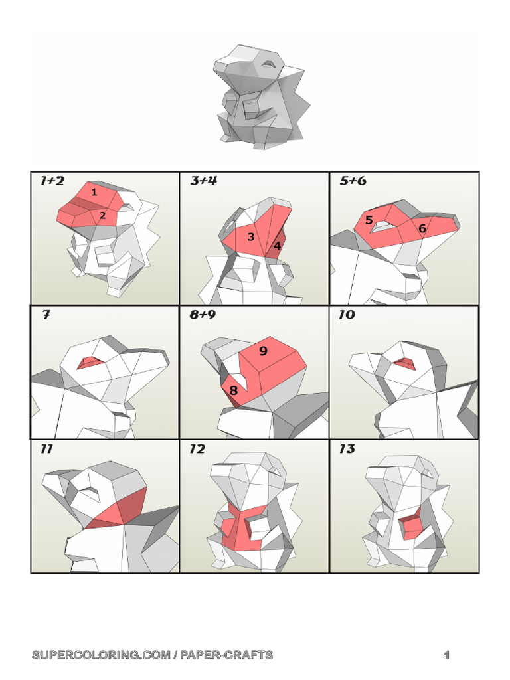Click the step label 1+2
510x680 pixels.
tap(52, 181)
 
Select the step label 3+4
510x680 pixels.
tap(203, 181)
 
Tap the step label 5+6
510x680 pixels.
tap(353, 181)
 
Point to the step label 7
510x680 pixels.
tap(46, 315)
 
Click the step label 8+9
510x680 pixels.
tap(203, 315)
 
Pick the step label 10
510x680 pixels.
tap(347, 315)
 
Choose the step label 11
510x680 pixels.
tap(46, 449)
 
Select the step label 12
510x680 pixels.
tap(197, 449)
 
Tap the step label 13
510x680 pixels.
tap(347, 449)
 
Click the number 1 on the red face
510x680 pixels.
tap(94, 193)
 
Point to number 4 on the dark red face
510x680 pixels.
tap(277, 245)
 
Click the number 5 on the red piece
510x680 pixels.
tap(369, 220)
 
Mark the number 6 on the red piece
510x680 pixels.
tap(422, 228)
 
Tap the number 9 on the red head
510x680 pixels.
tap(263, 351)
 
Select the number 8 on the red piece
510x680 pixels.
tap(233, 390)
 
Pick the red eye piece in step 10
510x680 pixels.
tap(403, 363)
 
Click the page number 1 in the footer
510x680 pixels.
tap(447, 655)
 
